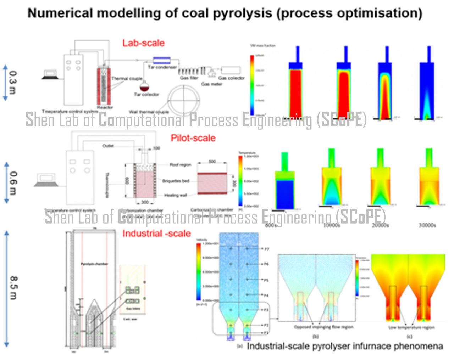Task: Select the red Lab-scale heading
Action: [144, 43]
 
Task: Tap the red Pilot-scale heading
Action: [193, 138]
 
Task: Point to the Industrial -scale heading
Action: [156, 234]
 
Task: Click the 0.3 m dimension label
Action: [13, 83]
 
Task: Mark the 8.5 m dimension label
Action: [13, 288]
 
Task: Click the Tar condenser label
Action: [162, 67]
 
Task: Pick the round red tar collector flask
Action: [144, 87]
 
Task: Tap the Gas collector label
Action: [231, 78]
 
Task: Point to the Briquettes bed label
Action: [176, 181]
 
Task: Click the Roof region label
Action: [180, 165]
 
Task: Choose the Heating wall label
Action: [176, 195]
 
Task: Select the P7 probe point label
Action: [267, 249]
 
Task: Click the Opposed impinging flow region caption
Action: [323, 327]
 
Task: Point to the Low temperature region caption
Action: [411, 327]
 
